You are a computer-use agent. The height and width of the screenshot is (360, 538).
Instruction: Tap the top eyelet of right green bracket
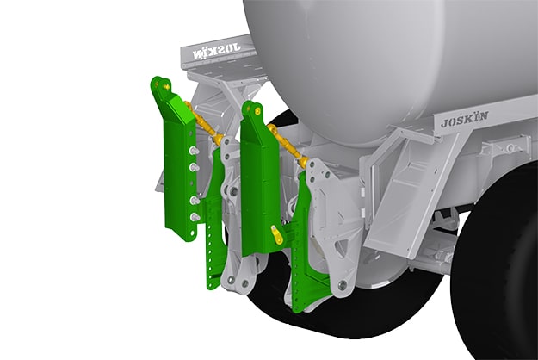click(250, 109)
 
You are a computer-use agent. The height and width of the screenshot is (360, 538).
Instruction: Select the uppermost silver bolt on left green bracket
click(195, 149)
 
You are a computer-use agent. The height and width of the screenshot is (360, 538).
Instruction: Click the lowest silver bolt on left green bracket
click(195, 217)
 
